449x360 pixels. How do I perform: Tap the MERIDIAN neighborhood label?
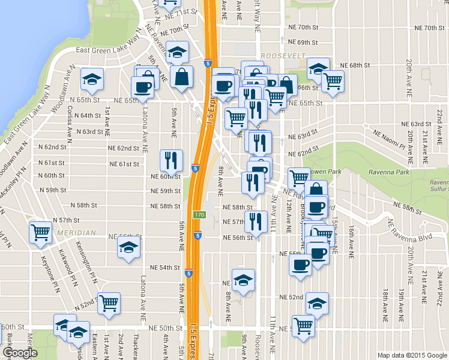click(x=77, y=233)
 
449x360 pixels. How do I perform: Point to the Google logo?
click(x=20, y=353)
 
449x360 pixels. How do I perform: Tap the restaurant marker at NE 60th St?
click(x=170, y=161)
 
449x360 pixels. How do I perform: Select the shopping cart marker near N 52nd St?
click(x=109, y=304)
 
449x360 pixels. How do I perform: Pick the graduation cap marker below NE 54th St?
click(x=243, y=280)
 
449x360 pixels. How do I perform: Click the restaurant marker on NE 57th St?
click(x=256, y=221)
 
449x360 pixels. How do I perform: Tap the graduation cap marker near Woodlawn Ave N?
click(x=92, y=79)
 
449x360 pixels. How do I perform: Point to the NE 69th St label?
click(x=303, y=43)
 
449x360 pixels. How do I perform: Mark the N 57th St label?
click(x=67, y=220)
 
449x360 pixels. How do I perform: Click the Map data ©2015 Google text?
click(x=412, y=355)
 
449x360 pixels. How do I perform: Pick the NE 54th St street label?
click(x=164, y=267)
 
